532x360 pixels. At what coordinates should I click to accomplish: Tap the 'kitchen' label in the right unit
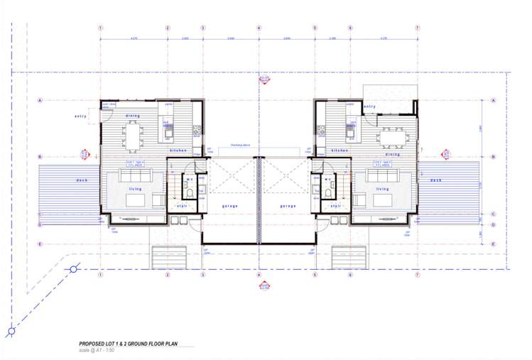pyautogui.click(x=338, y=151)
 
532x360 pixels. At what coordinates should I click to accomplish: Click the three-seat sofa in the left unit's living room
pyautogui.click(x=133, y=175)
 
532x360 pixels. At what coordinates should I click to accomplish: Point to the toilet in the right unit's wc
pyautogui.click(x=327, y=192)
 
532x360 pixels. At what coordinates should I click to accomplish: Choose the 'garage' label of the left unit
pyautogui.click(x=229, y=206)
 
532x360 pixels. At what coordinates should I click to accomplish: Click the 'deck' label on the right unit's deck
pyautogui.click(x=435, y=180)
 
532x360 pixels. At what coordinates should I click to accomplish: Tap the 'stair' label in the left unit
pyautogui.click(x=182, y=206)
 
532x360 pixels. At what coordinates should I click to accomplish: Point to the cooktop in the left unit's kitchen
pyautogui.click(x=169, y=130)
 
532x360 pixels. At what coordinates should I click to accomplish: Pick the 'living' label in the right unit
pyautogui.click(x=382, y=189)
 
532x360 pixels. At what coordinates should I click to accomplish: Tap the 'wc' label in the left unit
pyautogui.click(x=190, y=179)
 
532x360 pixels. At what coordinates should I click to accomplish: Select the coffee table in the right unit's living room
pyautogui.click(x=383, y=201)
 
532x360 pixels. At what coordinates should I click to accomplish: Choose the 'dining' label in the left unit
pyautogui.click(x=133, y=116)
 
